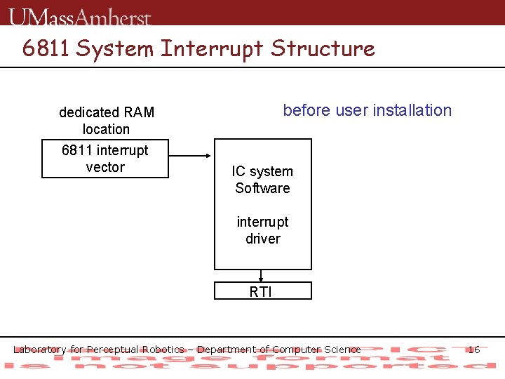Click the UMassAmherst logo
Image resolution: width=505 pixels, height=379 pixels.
tap(81, 16)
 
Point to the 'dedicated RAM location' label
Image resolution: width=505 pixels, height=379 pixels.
tap(106, 121)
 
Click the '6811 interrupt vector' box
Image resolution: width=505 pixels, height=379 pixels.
tap(105, 159)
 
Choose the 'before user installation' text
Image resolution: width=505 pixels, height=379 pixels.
tap(367, 110)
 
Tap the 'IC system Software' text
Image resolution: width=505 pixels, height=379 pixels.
tap(262, 180)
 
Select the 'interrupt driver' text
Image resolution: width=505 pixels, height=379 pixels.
tap(262, 230)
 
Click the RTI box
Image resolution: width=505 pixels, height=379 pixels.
tap(261, 291)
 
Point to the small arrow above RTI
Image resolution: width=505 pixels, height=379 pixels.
tap(262, 276)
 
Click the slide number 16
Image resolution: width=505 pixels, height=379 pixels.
tap(473, 350)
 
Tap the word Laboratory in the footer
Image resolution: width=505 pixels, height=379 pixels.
tap(40, 350)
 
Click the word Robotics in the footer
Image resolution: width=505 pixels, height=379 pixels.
tap(163, 350)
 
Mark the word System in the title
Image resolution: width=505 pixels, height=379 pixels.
tap(114, 48)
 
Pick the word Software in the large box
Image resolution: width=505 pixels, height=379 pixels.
tap(262, 188)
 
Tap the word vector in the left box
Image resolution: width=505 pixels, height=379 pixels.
tap(105, 167)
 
